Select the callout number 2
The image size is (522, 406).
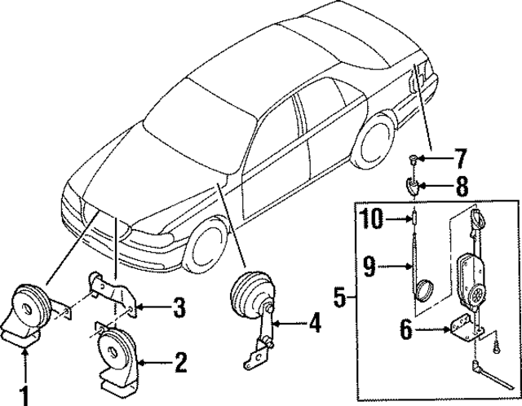(181, 360)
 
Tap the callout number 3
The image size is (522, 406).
(179, 307)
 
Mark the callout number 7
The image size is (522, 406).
(460, 156)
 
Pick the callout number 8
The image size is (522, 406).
(462, 187)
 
